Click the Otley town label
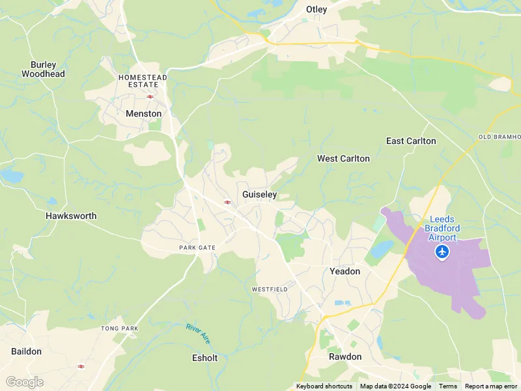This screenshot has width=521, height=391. pyautogui.click(x=317, y=10)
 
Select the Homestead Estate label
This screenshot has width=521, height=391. pyautogui.click(x=143, y=81)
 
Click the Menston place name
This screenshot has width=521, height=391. pyautogui.click(x=143, y=113)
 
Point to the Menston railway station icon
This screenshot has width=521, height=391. pyautogui.click(x=150, y=96)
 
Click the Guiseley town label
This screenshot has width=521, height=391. pyautogui.click(x=260, y=194)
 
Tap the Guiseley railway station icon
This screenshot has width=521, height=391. pyautogui.click(x=227, y=202)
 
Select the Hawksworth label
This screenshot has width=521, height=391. pyautogui.click(x=71, y=216)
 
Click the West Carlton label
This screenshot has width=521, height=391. pyautogui.click(x=343, y=158)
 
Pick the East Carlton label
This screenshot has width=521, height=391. pyautogui.click(x=411, y=141)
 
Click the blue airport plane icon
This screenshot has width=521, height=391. pyautogui.click(x=443, y=252)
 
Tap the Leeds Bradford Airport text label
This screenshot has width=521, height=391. pyautogui.click(x=443, y=228)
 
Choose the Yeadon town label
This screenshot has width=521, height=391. pyautogui.click(x=345, y=271)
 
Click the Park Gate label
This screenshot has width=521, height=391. pyautogui.click(x=197, y=248)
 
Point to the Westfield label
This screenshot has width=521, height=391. pyautogui.click(x=269, y=289)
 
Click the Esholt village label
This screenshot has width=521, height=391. pyautogui.click(x=205, y=358)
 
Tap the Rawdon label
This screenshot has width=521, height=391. pyautogui.click(x=345, y=356)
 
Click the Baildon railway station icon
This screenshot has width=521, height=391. pyautogui.click(x=81, y=366)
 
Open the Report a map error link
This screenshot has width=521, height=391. pyautogui.click(x=491, y=386)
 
